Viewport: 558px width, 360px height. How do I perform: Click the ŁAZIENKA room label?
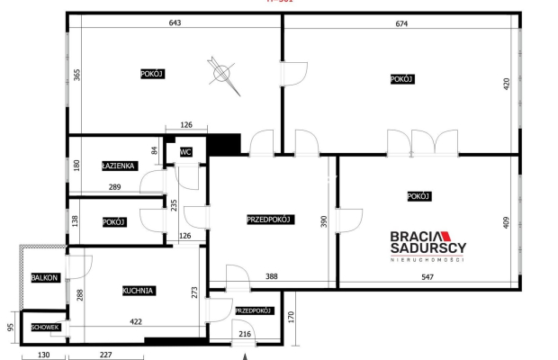coord(119,166)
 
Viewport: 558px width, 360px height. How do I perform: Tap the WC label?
coord(186,152)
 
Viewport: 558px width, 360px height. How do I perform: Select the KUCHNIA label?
coord(139,291)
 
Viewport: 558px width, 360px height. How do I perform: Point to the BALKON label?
coord(44,278)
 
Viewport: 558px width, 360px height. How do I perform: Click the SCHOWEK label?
coord(45,327)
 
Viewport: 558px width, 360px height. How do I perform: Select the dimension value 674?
coord(400,23)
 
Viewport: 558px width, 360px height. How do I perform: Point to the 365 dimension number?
coord(78,75)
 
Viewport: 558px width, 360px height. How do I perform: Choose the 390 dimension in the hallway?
coord(323,220)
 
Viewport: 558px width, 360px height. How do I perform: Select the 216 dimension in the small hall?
coord(244,334)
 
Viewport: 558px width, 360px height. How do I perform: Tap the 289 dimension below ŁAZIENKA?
coord(114,187)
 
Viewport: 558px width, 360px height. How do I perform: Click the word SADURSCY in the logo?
coord(427,248)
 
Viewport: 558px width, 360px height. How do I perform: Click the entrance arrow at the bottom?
coord(245,355)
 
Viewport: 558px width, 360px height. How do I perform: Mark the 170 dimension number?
coord(292,317)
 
